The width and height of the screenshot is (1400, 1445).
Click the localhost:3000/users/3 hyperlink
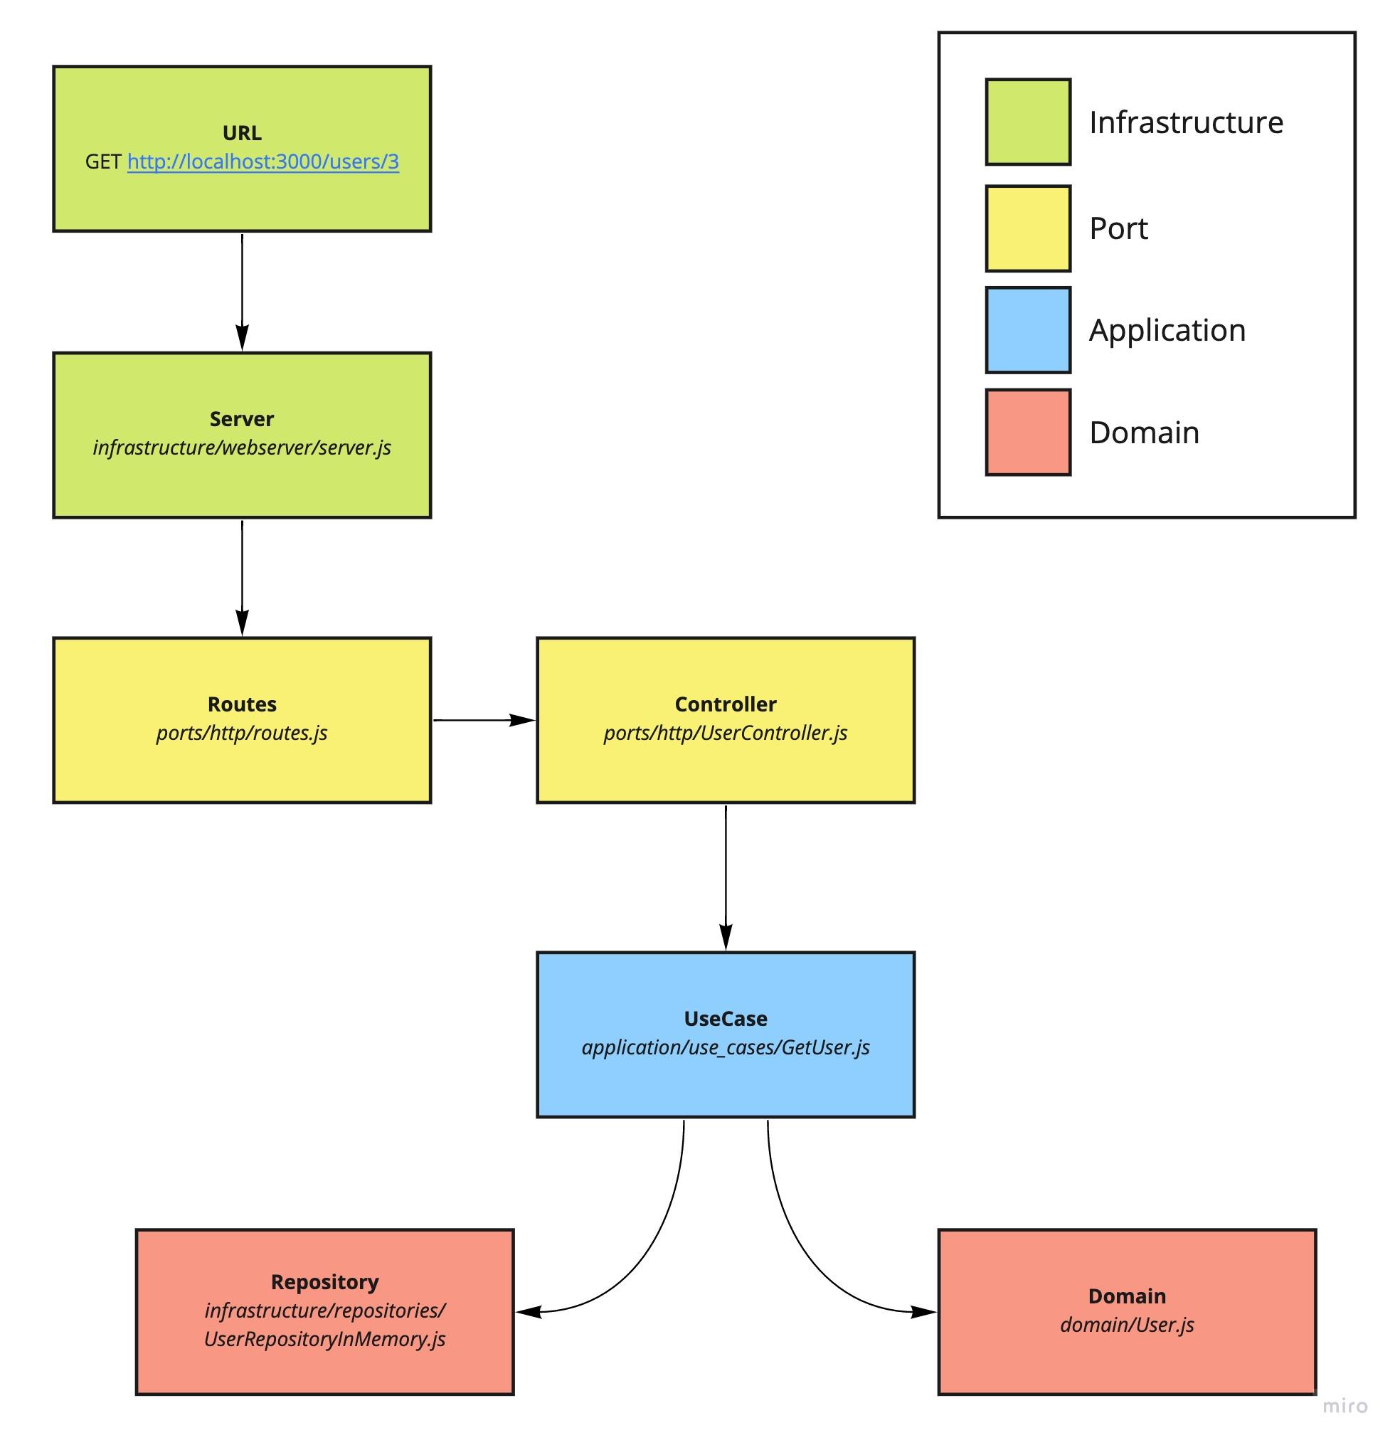tap(262, 162)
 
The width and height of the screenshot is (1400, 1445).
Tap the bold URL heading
tap(242, 133)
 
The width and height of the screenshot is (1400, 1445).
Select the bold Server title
tap(242, 419)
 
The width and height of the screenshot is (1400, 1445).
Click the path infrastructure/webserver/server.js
tap(242, 448)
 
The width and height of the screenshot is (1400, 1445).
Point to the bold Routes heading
tap(242, 704)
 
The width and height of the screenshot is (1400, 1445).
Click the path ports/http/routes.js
tap(242, 733)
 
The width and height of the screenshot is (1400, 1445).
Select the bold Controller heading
tap(726, 704)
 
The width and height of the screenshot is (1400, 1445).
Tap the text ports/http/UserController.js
tap(726, 733)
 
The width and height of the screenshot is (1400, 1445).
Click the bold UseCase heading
tap(726, 1019)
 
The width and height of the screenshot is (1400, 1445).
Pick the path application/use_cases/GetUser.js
tap(726, 1047)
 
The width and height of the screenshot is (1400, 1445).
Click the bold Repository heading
tap(324, 1282)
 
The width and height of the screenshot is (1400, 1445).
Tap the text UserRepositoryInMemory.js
tap(324, 1339)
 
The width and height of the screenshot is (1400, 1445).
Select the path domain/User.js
tap(1127, 1325)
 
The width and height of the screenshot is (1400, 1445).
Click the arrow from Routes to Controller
tap(484, 720)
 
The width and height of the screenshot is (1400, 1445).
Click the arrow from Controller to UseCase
tap(726, 877)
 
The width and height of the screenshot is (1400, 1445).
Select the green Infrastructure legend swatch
tap(1028, 122)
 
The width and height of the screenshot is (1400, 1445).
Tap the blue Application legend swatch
tap(1028, 329)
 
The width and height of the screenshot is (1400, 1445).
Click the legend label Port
tap(1118, 228)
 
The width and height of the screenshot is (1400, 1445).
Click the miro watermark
tap(1345, 1406)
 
